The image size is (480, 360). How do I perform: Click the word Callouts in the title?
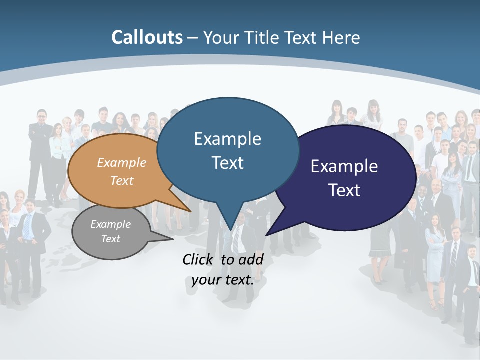147,37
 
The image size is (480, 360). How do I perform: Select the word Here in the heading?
341,37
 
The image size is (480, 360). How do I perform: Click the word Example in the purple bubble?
344,166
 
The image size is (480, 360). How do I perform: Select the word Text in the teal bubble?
227,163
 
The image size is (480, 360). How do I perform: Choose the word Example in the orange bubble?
122,162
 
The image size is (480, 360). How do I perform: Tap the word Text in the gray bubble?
111,239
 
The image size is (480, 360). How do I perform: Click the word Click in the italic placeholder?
198,259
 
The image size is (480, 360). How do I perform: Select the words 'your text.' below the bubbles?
223,280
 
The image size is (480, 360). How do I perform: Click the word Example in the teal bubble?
227,139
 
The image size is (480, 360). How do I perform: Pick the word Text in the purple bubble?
344,190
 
